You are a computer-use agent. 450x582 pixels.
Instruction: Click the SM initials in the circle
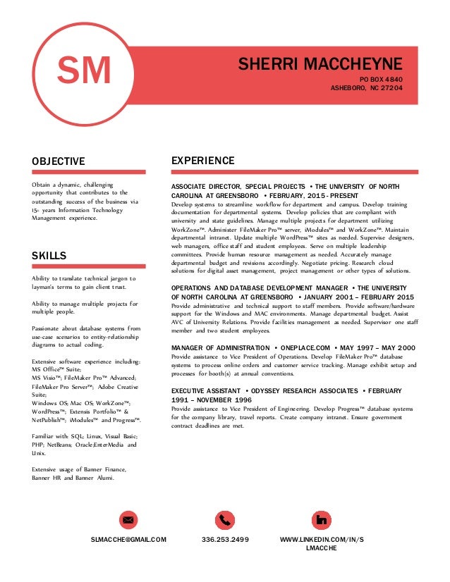[x=84, y=71]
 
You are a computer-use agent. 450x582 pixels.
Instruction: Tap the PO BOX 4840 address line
[x=381, y=79]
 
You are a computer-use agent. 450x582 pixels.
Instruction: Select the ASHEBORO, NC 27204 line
[x=367, y=89]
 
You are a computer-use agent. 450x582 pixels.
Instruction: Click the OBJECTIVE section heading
[x=59, y=161]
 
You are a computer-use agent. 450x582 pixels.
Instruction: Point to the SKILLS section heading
[x=49, y=256]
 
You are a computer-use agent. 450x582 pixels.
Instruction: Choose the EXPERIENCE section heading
[x=203, y=161]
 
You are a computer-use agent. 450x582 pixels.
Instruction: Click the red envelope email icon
[x=128, y=520]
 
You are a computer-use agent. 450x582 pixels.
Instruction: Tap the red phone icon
[x=225, y=520]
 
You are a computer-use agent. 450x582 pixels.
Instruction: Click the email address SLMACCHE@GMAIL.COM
[x=128, y=540]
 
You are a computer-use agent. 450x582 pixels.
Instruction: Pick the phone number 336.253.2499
[x=225, y=540]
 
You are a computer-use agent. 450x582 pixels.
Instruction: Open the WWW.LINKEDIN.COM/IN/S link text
[x=322, y=540]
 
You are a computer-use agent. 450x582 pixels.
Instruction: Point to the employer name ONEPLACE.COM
[x=305, y=348]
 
